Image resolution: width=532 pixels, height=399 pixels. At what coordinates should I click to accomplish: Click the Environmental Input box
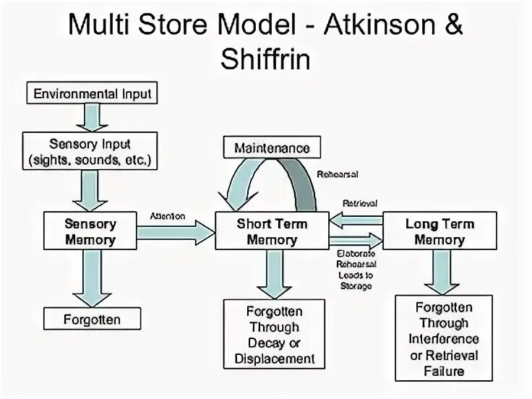point(92,93)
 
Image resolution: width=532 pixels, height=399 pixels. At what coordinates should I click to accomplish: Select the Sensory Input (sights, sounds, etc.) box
point(90,151)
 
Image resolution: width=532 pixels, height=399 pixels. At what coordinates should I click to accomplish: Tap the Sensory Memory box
point(90,231)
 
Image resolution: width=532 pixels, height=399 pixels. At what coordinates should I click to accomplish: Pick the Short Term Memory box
point(272,231)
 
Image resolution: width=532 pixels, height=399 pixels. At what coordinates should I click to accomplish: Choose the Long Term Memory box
point(439,231)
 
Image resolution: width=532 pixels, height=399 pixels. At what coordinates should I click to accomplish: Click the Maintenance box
point(272,147)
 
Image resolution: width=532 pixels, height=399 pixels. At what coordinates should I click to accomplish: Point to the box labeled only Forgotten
point(92,319)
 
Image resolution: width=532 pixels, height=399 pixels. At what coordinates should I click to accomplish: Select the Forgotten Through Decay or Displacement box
point(274,334)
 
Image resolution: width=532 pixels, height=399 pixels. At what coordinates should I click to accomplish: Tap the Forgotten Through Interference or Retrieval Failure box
point(444,338)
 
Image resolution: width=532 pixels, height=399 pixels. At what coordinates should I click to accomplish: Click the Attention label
point(168,216)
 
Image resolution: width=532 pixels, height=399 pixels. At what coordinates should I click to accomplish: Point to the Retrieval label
point(360,204)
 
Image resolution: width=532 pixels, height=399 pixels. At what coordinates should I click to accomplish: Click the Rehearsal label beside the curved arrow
point(338,174)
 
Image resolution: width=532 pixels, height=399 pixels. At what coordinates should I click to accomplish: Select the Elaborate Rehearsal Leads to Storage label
point(356,270)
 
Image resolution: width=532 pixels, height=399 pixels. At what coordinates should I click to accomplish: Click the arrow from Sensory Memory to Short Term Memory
point(176,233)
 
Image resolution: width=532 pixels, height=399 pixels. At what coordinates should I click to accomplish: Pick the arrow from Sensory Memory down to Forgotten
point(92,278)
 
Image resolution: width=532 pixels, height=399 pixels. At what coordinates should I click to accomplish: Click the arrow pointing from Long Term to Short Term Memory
point(356,220)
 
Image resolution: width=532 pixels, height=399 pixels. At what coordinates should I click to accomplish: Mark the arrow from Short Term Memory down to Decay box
point(274,275)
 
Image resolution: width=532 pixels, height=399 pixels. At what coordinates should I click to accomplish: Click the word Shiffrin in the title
point(266,59)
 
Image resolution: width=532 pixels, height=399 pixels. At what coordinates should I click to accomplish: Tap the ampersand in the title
point(453,25)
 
